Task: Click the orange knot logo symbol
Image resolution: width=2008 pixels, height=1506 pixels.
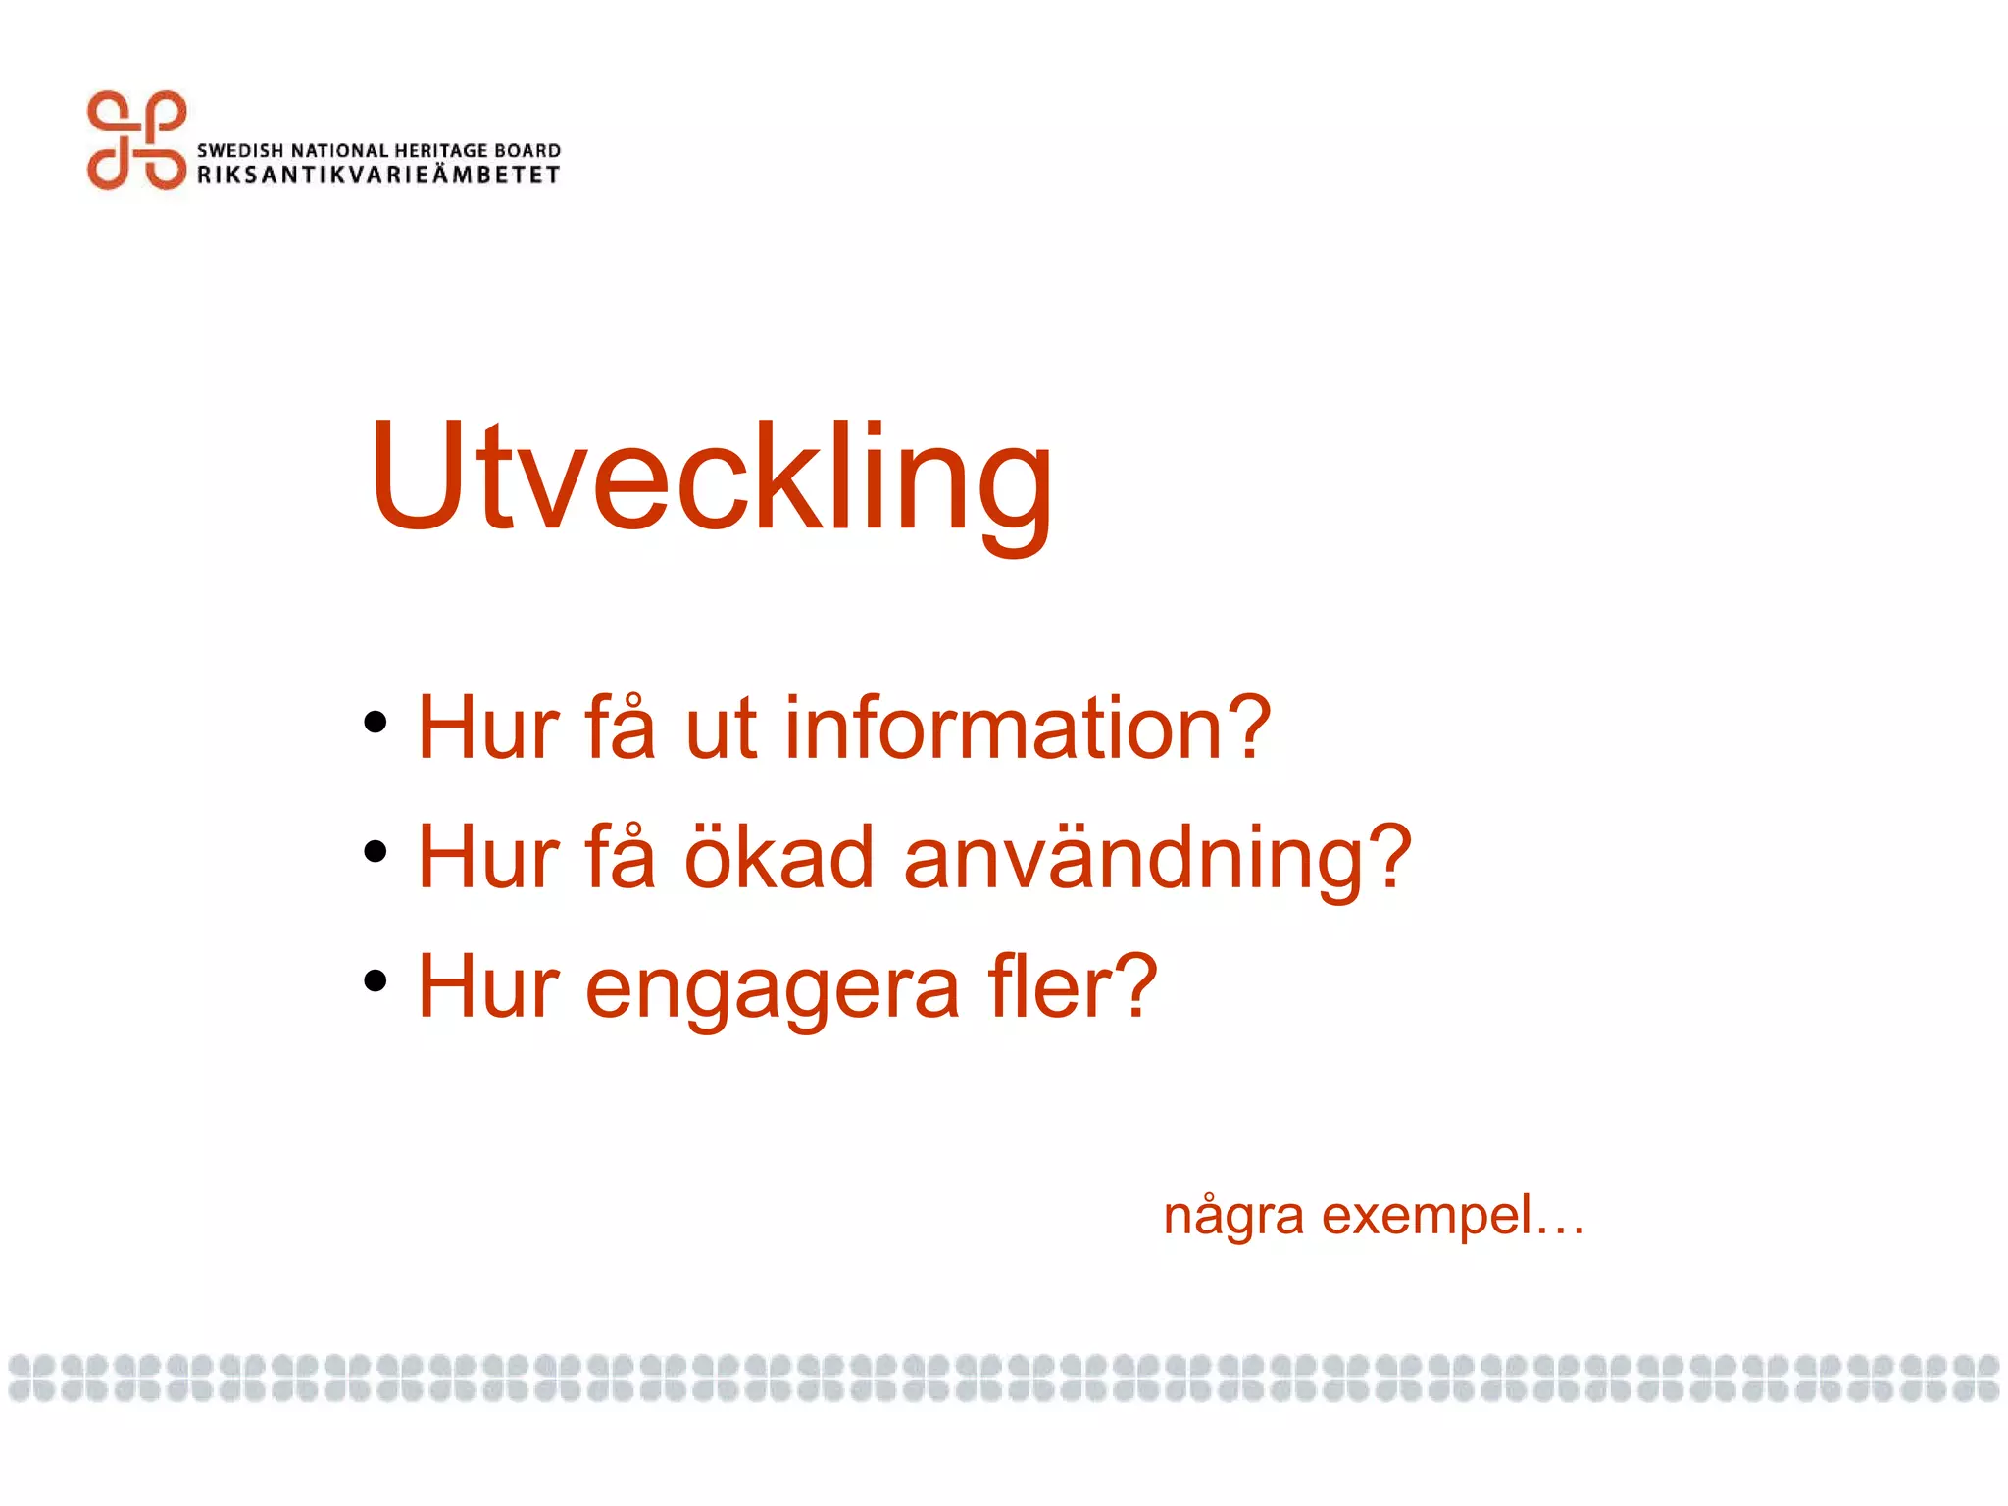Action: click(136, 140)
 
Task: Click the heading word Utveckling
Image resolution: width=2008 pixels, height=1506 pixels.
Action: click(711, 477)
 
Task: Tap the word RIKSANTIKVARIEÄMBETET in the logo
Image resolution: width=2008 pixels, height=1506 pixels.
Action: click(378, 176)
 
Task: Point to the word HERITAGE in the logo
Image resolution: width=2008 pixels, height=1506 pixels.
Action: click(440, 151)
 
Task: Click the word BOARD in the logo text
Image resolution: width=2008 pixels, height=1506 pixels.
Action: click(527, 151)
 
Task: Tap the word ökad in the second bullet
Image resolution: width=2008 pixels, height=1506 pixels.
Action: click(778, 858)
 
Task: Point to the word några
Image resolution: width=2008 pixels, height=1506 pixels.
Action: click(1232, 1218)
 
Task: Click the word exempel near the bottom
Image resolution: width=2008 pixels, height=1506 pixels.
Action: click(1427, 1218)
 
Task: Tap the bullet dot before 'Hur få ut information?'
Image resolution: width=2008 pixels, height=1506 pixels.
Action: click(375, 724)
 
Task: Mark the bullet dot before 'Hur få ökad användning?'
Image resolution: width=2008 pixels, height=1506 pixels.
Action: click(375, 851)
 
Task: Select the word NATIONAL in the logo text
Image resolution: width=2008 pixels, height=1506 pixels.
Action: click(339, 151)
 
